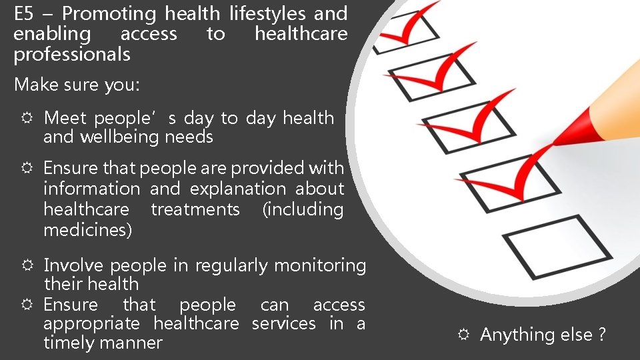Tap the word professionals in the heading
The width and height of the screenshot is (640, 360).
72,55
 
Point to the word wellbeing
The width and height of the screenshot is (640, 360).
120,137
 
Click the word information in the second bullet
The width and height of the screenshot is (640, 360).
91,189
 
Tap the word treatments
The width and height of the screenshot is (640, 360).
195,209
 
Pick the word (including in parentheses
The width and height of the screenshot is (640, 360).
303,209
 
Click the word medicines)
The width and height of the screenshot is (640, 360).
87,230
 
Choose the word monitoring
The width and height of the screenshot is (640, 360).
320,266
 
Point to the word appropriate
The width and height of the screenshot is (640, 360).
91,324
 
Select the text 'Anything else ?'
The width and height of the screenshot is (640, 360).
543,335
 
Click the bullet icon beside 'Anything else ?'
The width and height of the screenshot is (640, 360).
463,335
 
